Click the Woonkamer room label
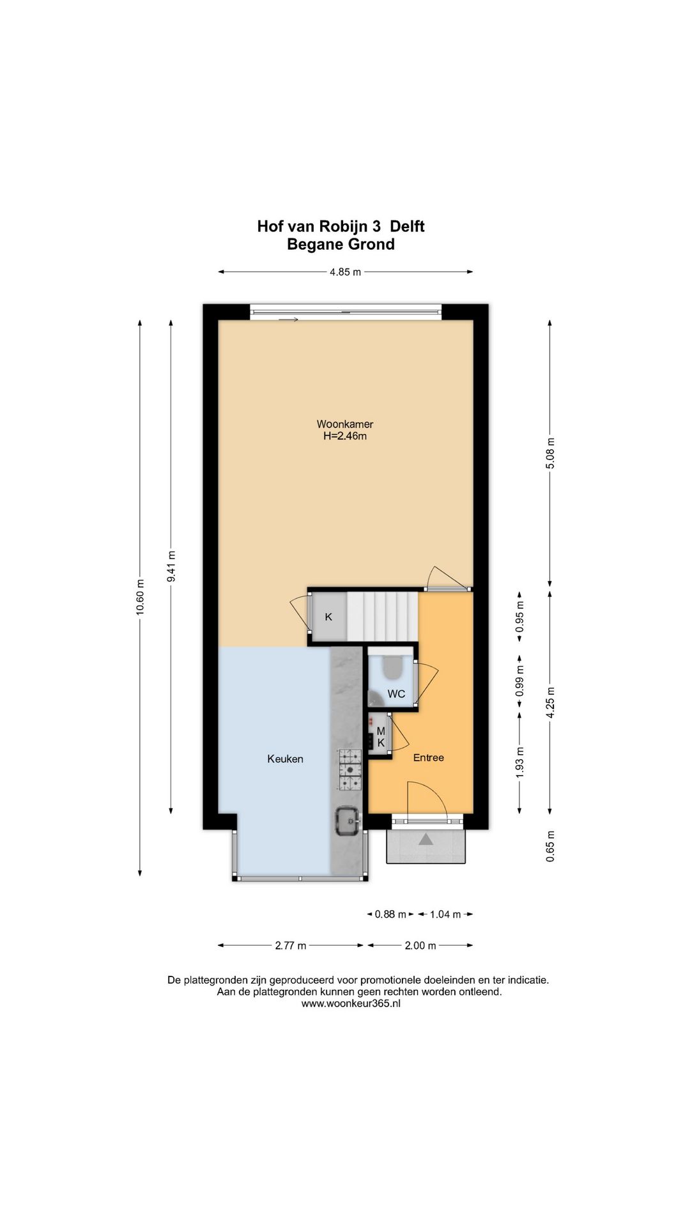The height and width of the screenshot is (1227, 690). click(345, 424)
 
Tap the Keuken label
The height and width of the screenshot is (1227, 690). click(285, 759)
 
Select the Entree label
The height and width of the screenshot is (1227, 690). click(428, 757)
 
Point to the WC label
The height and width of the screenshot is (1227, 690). click(396, 694)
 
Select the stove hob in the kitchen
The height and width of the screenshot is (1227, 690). click(349, 769)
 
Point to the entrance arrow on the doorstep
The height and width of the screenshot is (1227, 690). click(425, 839)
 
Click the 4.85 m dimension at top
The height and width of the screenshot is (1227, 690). click(345, 272)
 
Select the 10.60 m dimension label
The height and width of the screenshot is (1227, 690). click(140, 597)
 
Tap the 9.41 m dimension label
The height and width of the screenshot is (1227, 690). click(171, 566)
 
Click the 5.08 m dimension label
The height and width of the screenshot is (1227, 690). click(550, 453)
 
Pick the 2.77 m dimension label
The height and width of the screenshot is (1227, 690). click(291, 945)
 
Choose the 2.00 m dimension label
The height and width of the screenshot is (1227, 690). click(420, 945)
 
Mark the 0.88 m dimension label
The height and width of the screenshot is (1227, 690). click(390, 914)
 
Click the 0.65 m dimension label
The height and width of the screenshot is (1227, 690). click(550, 846)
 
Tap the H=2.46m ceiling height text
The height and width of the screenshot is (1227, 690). click(345, 436)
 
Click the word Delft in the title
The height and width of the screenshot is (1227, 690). click(407, 226)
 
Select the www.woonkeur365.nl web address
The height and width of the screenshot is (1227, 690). click(351, 1003)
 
